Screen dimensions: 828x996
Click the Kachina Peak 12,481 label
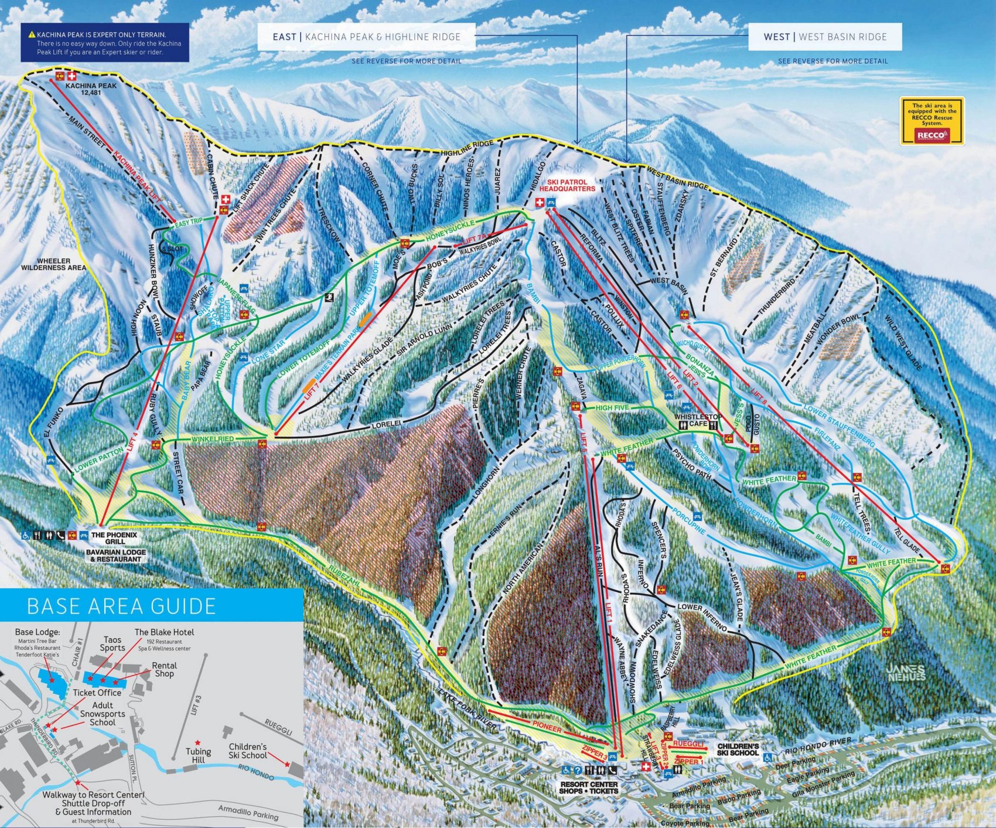click(91, 89)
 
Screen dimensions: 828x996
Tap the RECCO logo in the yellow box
click(932, 135)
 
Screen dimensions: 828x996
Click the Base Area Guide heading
click(121, 605)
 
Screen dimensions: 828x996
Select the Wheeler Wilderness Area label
click(53, 264)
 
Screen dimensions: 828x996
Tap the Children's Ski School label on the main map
click(738, 749)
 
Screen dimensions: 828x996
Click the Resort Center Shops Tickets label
click(589, 787)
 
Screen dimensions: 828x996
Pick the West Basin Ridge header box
click(824, 37)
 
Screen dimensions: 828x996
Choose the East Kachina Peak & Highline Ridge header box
click(366, 37)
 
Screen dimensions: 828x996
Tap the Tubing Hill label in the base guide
click(198, 755)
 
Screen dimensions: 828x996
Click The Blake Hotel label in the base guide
click(164, 632)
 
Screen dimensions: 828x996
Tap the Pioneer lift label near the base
click(546, 728)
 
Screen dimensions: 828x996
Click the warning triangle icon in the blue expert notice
click(32, 35)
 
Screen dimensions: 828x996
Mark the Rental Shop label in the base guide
click(164, 669)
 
